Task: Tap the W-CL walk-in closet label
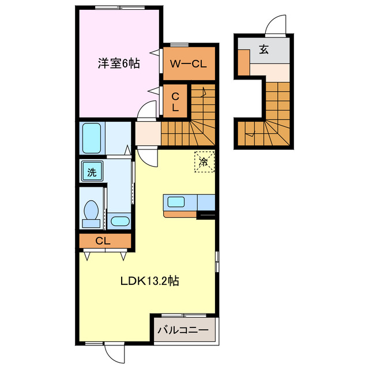(x=189, y=64)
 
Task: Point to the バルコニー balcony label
(x=183, y=331)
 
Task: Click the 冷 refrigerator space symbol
(x=204, y=162)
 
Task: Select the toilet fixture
(x=91, y=212)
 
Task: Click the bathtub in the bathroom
(x=92, y=138)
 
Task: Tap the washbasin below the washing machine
(x=119, y=220)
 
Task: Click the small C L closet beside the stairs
(x=176, y=101)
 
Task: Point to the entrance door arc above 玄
(x=275, y=26)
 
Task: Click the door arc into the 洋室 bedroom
(x=148, y=110)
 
